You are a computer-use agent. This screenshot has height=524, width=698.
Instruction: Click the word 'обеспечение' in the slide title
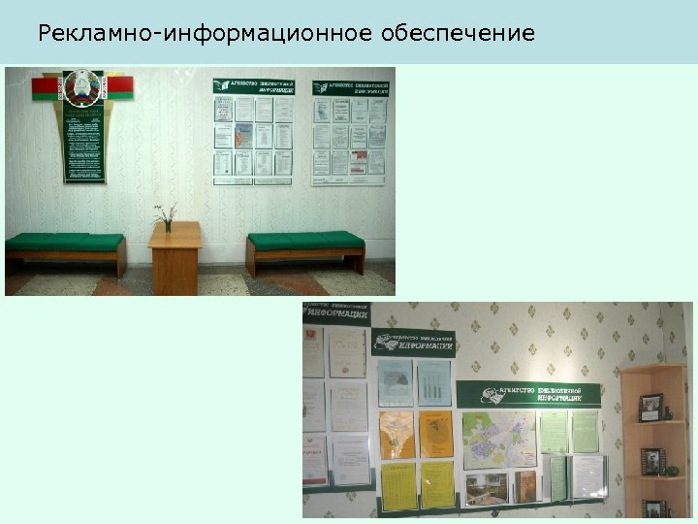click(x=458, y=34)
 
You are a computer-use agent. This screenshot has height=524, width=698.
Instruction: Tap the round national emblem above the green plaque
click(x=81, y=88)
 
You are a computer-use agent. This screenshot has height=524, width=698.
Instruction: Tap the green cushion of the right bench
click(x=305, y=240)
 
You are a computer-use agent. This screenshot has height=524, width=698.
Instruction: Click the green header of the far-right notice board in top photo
click(x=350, y=87)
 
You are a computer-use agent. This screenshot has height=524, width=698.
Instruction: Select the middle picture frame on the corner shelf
click(x=652, y=461)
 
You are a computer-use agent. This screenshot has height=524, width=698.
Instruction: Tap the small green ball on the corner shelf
click(x=673, y=471)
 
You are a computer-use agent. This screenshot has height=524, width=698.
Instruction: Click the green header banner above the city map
click(x=528, y=393)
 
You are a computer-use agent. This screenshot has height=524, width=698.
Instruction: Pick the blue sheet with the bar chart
click(x=433, y=384)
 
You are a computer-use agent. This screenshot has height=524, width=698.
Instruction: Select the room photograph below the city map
click(x=487, y=488)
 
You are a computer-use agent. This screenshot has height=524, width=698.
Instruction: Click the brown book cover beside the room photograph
click(x=524, y=486)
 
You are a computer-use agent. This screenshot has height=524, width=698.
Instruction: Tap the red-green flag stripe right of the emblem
click(x=119, y=88)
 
